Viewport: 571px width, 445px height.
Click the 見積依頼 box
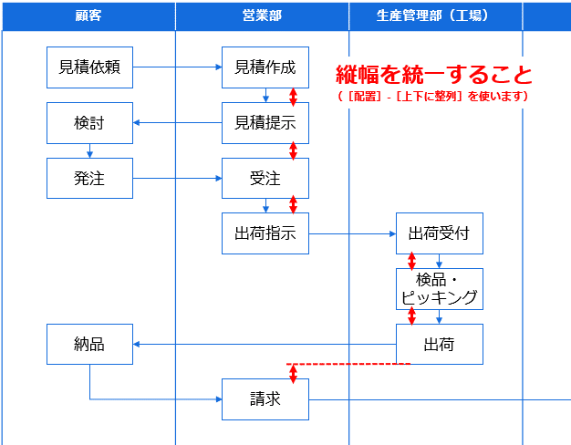tap(89, 67)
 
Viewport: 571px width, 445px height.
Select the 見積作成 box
tap(265, 67)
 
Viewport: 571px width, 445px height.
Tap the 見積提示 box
tap(265, 123)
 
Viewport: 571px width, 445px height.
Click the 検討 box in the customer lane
tap(89, 123)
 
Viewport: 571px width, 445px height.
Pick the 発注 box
tap(89, 178)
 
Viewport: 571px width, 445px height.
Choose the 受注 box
tap(265, 178)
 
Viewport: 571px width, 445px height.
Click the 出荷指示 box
tap(265, 233)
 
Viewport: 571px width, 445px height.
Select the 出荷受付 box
tap(439, 233)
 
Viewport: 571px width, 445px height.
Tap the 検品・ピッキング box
tap(439, 288)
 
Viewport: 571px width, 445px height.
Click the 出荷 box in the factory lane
tap(439, 344)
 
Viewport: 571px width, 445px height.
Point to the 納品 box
tap(89, 344)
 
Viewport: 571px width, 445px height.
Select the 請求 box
tap(265, 399)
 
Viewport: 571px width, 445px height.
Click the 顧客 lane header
tap(88, 16)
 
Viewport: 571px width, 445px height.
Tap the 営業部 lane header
tap(262, 16)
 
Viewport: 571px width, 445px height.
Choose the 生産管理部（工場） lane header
tap(435, 16)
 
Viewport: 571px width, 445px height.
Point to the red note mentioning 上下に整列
tap(433, 96)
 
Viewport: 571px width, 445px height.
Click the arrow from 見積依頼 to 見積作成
tap(177, 67)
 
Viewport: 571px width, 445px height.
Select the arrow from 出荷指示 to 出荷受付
tap(352, 233)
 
